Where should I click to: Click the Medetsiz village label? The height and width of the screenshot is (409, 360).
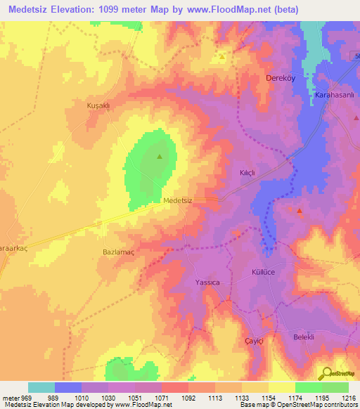[x=177, y=200]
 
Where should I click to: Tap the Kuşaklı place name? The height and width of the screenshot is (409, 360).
[x=98, y=105]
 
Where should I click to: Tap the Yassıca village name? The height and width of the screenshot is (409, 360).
[x=208, y=282]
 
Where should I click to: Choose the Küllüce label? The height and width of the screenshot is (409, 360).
[x=266, y=271]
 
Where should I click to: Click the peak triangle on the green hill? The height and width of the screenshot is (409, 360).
[x=160, y=157]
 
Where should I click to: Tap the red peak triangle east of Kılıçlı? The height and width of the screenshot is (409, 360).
[x=300, y=211]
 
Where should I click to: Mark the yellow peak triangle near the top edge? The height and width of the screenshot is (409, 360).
[x=222, y=56]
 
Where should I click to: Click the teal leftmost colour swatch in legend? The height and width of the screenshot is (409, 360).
[x=41, y=387]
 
